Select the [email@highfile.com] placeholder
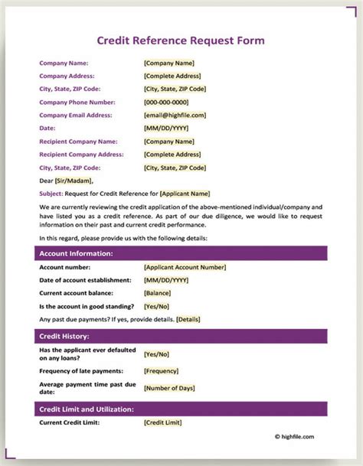(175, 115)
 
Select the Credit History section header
(64, 336)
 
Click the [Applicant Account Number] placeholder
(185, 267)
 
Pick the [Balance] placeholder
(157, 293)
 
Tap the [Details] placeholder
(188, 318)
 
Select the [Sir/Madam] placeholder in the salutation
(74, 181)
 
